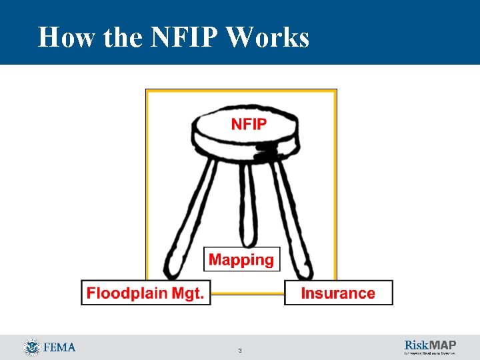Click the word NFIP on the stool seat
click(x=249, y=124)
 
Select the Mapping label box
click(x=241, y=259)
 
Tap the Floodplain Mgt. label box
click(x=145, y=293)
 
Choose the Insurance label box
click(x=338, y=293)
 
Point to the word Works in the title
click(x=268, y=37)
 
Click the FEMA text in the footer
click(x=59, y=347)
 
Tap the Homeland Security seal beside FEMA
click(x=31, y=347)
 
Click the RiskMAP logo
click(x=430, y=347)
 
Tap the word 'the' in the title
click(x=122, y=37)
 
